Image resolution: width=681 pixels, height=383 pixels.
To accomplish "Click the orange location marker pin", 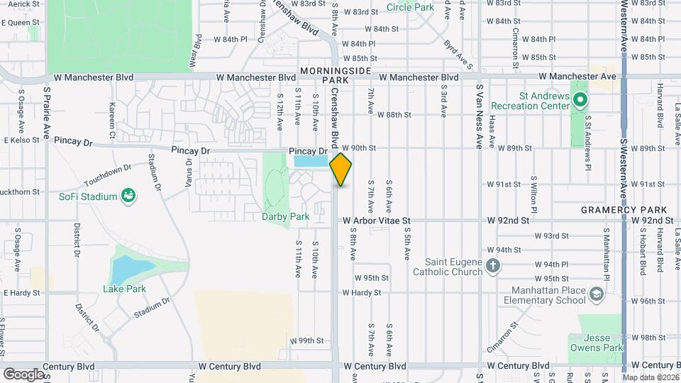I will pyautogui.click(x=341, y=169).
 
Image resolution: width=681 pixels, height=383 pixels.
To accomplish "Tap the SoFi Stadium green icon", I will pyautogui.click(x=128, y=195).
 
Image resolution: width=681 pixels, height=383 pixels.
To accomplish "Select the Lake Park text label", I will pyautogui.click(x=124, y=289).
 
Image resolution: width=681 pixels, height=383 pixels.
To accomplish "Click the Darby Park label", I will pyautogui.click(x=277, y=216).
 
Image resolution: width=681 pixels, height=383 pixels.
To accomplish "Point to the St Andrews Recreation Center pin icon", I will pyautogui.click(x=580, y=100).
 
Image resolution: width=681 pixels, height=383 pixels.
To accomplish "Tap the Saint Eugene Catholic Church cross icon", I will pyautogui.click(x=494, y=267).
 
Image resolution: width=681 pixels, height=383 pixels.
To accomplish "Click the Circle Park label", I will pyautogui.click(x=411, y=7).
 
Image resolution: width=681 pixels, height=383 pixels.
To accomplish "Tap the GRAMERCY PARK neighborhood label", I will pyautogui.click(x=624, y=210).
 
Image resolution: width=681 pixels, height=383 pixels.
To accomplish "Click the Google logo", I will pyautogui.click(x=23, y=374).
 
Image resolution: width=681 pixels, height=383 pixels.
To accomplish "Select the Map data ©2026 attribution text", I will pyautogui.click(x=651, y=378).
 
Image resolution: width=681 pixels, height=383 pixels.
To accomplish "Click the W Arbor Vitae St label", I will pyautogui.click(x=377, y=221).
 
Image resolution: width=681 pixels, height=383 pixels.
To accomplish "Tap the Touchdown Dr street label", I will pyautogui.click(x=108, y=173).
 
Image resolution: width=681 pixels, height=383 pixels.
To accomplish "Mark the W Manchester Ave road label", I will pyautogui.click(x=577, y=76).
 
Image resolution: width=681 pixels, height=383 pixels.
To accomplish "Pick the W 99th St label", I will pyautogui.click(x=311, y=340).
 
